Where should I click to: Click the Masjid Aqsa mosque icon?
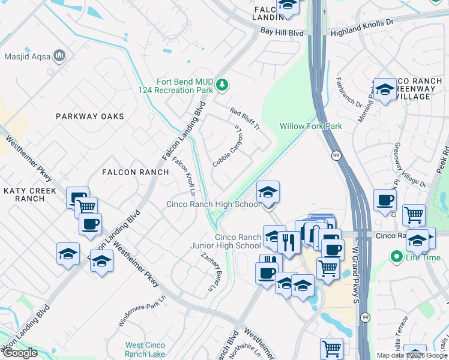[x=59, y=56]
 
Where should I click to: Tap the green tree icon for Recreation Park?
[x=222, y=85]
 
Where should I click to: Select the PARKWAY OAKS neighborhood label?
[x=90, y=116]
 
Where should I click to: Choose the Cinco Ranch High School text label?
[x=213, y=205]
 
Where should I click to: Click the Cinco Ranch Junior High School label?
[x=226, y=241]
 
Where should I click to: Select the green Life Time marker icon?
[x=396, y=257]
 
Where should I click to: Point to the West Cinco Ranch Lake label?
[x=145, y=349]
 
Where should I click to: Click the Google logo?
[x=20, y=353]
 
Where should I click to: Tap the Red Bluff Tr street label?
[x=245, y=119]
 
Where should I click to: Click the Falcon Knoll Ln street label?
[x=184, y=177]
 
